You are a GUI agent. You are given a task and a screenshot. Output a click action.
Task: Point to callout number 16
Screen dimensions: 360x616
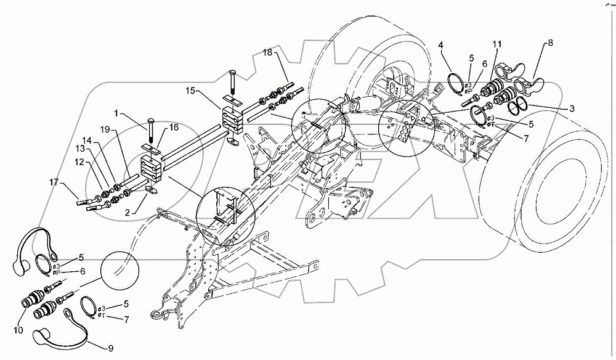click(174, 127)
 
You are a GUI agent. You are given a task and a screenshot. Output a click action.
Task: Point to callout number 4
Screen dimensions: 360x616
click(441, 44)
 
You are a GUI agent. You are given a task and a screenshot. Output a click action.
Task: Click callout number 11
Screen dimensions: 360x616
click(496, 44)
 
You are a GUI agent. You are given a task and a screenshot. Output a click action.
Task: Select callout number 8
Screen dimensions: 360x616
click(550, 43)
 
